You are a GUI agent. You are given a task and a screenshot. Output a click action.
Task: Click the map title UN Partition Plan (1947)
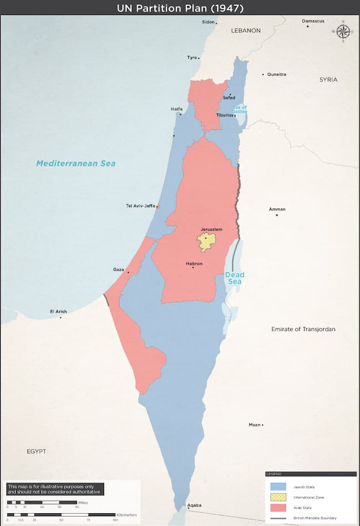coord(180,8)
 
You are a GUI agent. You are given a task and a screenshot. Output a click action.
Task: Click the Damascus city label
coord(313,21)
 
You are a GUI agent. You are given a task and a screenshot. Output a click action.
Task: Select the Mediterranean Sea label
coord(76,163)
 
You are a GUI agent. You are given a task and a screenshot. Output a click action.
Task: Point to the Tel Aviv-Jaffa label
coord(141,206)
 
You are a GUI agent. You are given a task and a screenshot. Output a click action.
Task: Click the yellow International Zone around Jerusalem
coord(206,241)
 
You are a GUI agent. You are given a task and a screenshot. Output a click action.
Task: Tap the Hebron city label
coord(194,264)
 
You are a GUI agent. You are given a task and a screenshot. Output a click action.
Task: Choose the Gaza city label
coord(119,269)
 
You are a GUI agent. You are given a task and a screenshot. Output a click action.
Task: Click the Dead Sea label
coord(234,278)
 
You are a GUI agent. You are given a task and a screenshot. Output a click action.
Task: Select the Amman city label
coord(277,209)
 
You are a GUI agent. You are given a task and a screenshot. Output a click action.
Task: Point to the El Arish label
coord(58,311)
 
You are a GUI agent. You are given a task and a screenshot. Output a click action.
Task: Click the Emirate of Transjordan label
coord(303,329)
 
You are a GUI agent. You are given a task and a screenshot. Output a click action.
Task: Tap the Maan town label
coord(254,425)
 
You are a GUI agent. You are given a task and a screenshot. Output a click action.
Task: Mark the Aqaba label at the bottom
coord(194,505)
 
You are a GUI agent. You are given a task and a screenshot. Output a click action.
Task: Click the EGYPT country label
coord(37,451)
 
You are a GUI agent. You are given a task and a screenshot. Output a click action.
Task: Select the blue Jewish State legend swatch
coord(278,486)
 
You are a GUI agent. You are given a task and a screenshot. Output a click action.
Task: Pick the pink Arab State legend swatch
coord(278,507)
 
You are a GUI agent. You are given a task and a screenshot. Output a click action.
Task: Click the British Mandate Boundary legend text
coord(315,518)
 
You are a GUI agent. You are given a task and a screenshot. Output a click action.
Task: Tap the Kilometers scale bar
coord(61,515)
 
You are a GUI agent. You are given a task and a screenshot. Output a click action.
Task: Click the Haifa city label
coord(177,109)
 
